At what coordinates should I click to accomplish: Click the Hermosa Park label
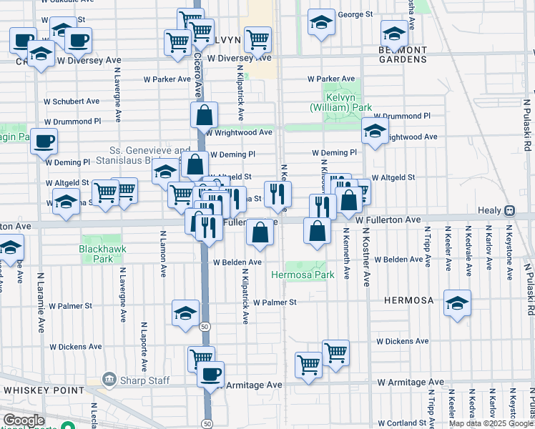[x=303, y=275]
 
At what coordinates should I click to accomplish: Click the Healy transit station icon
[x=509, y=210]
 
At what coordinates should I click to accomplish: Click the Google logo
[x=23, y=420]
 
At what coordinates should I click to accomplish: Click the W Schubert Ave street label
[x=72, y=102]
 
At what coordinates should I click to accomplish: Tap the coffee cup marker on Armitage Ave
[x=210, y=374]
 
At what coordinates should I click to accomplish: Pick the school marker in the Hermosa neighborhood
[x=457, y=302]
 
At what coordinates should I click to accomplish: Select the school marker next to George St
[x=322, y=21]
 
